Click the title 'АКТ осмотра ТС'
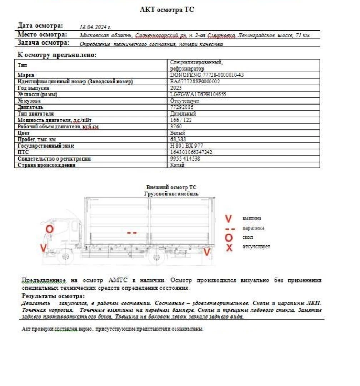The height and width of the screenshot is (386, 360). pyautogui.click(x=167, y=10)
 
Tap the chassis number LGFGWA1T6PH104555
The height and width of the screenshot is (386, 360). pyautogui.click(x=198, y=95)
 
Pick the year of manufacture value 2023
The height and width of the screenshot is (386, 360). pyautogui.click(x=176, y=88)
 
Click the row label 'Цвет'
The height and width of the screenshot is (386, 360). pyautogui.click(x=24, y=133)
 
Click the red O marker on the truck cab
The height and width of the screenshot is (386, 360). pyautogui.click(x=50, y=229)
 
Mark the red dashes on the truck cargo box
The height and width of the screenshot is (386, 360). pyautogui.click(x=132, y=233)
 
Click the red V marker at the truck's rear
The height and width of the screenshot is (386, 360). pyautogui.click(x=206, y=252)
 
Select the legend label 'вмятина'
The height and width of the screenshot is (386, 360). pyautogui.click(x=251, y=218)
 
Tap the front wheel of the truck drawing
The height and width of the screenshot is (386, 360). pyautogui.click(x=65, y=257)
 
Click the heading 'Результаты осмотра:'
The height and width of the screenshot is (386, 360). pyautogui.click(x=53, y=296)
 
